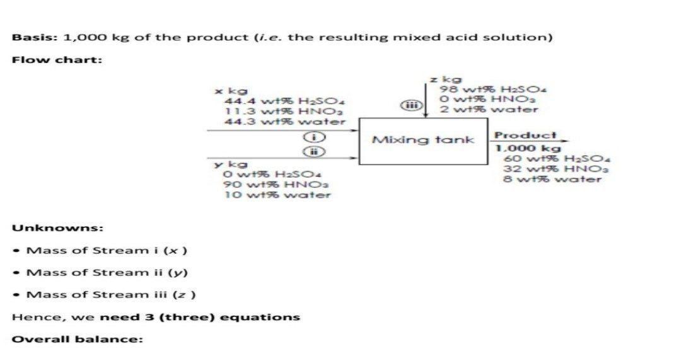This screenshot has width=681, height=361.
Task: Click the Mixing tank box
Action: click(423, 140)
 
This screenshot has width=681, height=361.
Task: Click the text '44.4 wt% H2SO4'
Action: click(284, 101)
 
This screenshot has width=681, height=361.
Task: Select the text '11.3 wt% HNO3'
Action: click(281, 111)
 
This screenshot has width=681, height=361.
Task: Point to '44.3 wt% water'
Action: click(284, 121)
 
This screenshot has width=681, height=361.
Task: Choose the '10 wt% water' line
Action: click(277, 195)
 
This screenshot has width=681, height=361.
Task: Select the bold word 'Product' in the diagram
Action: click(516, 135)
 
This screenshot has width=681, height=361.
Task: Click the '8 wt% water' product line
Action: click(552, 179)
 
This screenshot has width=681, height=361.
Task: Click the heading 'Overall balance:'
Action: click(78, 339)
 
